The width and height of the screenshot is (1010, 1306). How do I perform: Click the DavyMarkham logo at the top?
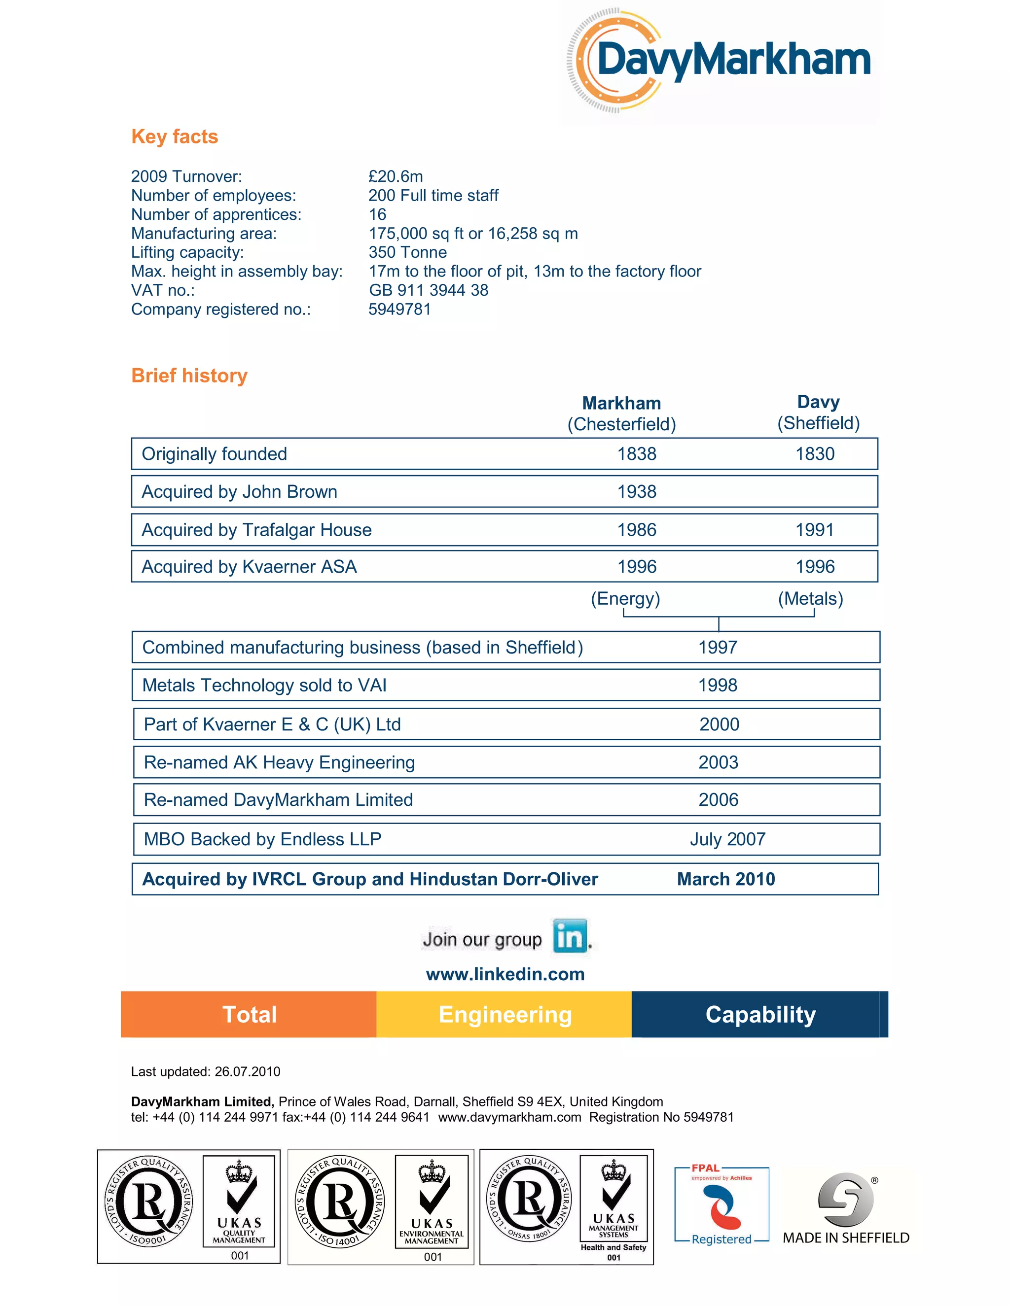(721, 61)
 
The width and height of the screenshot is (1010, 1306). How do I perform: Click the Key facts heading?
(174, 137)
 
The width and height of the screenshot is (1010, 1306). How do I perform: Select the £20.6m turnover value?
(396, 176)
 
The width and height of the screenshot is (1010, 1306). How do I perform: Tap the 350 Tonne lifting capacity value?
(407, 252)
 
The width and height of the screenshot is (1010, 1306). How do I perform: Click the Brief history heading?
(189, 376)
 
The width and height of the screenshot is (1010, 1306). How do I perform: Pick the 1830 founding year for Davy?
(814, 454)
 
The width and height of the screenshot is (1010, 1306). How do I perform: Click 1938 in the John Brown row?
(637, 491)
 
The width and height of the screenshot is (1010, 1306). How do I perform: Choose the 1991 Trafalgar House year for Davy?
(814, 530)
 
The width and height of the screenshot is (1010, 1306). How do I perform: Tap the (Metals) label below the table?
(810, 599)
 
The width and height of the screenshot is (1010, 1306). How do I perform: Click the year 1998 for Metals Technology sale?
(718, 686)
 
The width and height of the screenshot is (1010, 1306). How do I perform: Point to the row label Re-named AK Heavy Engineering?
(280, 762)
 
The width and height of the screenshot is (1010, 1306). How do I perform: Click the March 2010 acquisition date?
(726, 879)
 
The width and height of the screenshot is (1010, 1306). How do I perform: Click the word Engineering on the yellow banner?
(505, 1015)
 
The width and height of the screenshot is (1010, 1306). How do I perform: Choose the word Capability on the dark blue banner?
(760, 1015)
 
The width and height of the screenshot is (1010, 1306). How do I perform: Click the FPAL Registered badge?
(721, 1205)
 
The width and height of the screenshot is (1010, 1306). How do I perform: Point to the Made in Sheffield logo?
(845, 1208)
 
